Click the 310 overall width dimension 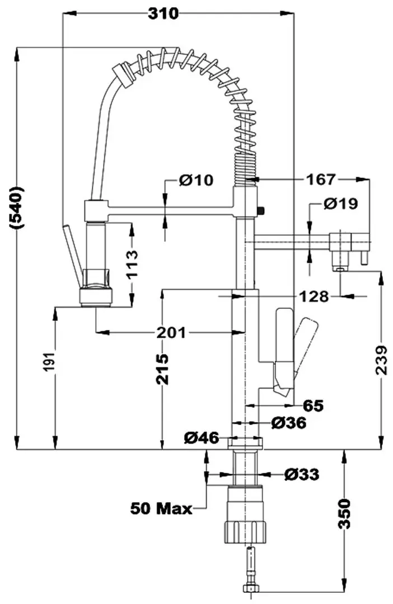click(x=163, y=14)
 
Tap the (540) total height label click(x=17, y=208)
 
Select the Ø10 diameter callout click(x=196, y=180)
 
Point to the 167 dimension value click(x=321, y=179)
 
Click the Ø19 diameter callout click(x=340, y=204)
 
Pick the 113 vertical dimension click(x=132, y=264)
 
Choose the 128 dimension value click(x=314, y=296)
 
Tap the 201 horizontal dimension click(x=171, y=332)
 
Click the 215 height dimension click(x=162, y=370)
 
